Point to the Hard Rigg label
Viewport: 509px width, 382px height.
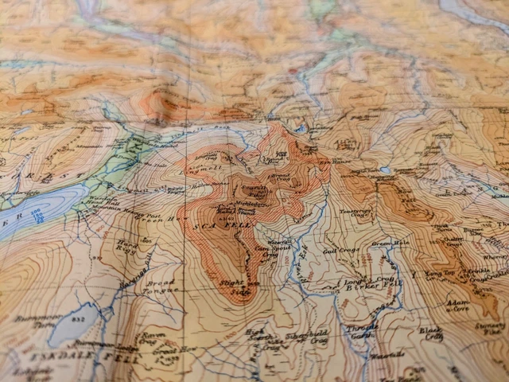[126, 248]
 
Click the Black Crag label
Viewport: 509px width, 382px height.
[429, 332]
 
